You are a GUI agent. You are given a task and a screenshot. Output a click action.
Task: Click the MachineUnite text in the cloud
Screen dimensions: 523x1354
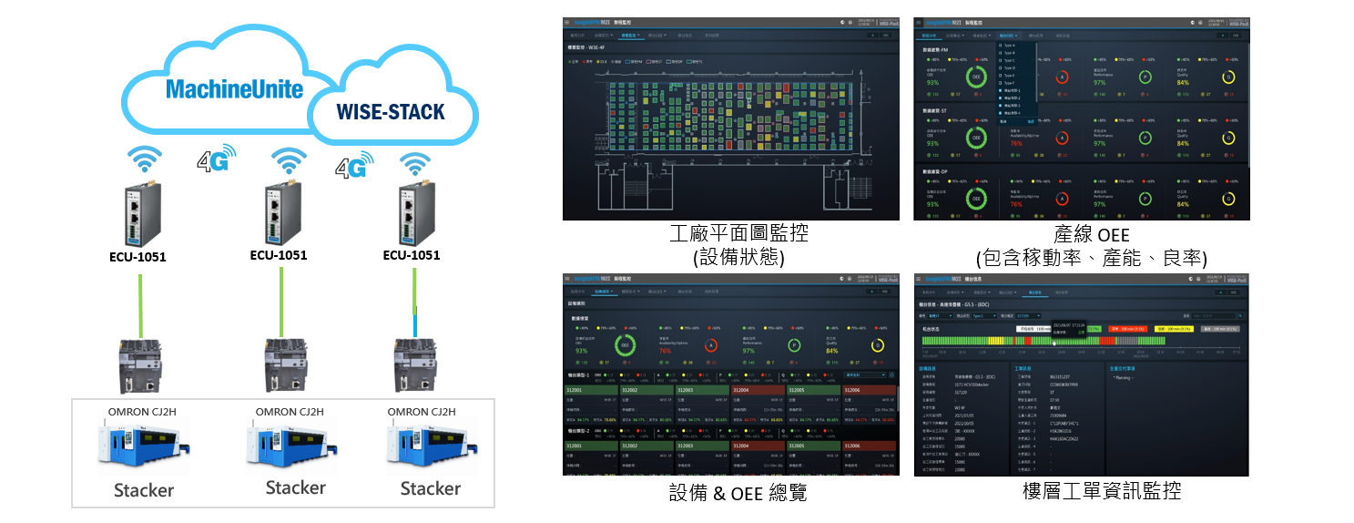[235, 89]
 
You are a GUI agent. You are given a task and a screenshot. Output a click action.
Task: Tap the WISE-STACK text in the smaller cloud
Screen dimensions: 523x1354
[391, 112]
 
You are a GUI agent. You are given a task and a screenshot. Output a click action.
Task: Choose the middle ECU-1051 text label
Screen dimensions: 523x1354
[279, 255]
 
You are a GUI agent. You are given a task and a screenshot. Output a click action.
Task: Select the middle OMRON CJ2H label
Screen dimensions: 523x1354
[286, 411]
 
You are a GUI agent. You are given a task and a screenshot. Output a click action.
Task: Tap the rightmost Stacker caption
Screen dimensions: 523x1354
[431, 488]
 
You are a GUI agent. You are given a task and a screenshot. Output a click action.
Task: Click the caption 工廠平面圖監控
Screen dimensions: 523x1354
[738, 234]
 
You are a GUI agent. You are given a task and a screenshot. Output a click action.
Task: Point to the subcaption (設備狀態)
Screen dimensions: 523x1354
[738, 258]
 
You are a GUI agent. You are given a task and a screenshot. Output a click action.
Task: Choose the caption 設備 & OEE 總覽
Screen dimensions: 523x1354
[738, 493]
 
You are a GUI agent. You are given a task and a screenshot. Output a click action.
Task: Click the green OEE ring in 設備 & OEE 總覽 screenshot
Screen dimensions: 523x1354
[626, 345]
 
